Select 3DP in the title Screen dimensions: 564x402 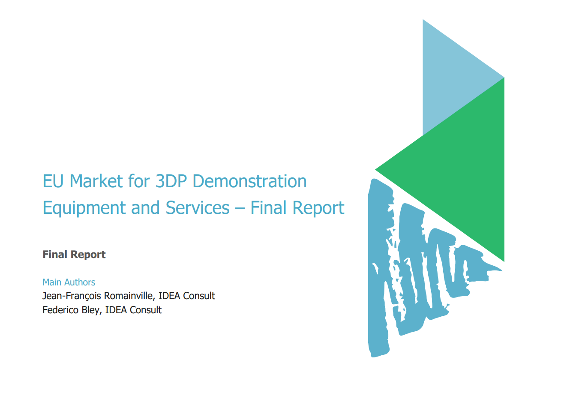click(171, 181)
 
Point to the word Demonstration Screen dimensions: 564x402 click(249, 181)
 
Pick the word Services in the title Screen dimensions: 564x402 click(198, 208)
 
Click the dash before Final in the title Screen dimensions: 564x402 click(240, 208)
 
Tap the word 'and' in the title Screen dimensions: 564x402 click(145, 208)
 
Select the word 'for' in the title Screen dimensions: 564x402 click(139, 181)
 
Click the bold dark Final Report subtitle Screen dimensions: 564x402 click(74, 255)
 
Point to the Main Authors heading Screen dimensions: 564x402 click(69, 282)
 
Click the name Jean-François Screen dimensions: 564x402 click(72, 296)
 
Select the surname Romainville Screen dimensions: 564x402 click(129, 296)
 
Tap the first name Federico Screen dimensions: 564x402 click(60, 310)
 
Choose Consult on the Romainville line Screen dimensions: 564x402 click(199, 296)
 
